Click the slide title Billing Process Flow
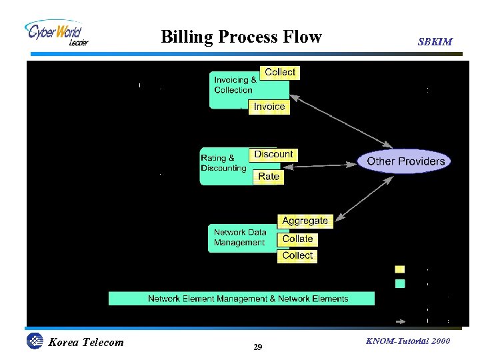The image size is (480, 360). click(241, 37)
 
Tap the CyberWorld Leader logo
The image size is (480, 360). click(57, 33)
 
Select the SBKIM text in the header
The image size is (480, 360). click(435, 42)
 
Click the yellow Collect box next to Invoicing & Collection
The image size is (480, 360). click(280, 72)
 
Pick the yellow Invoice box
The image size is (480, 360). click(269, 107)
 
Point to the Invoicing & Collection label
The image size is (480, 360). click(234, 85)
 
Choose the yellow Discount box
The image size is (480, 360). click(273, 154)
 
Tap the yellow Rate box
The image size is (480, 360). click(269, 177)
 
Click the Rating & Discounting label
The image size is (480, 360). click(223, 163)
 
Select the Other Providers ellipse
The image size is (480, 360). click(405, 161)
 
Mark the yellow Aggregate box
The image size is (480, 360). click(305, 221)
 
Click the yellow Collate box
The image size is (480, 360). click(297, 239)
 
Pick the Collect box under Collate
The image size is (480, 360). click(297, 255)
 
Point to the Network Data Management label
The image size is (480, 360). click(239, 237)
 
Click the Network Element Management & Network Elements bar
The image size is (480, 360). click(247, 299)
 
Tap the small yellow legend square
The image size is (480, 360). click(400, 269)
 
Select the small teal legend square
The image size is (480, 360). click(400, 283)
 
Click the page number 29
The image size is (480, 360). click(258, 347)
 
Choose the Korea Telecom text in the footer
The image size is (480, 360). click(85, 343)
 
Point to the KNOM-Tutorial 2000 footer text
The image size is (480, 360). click(408, 341)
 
